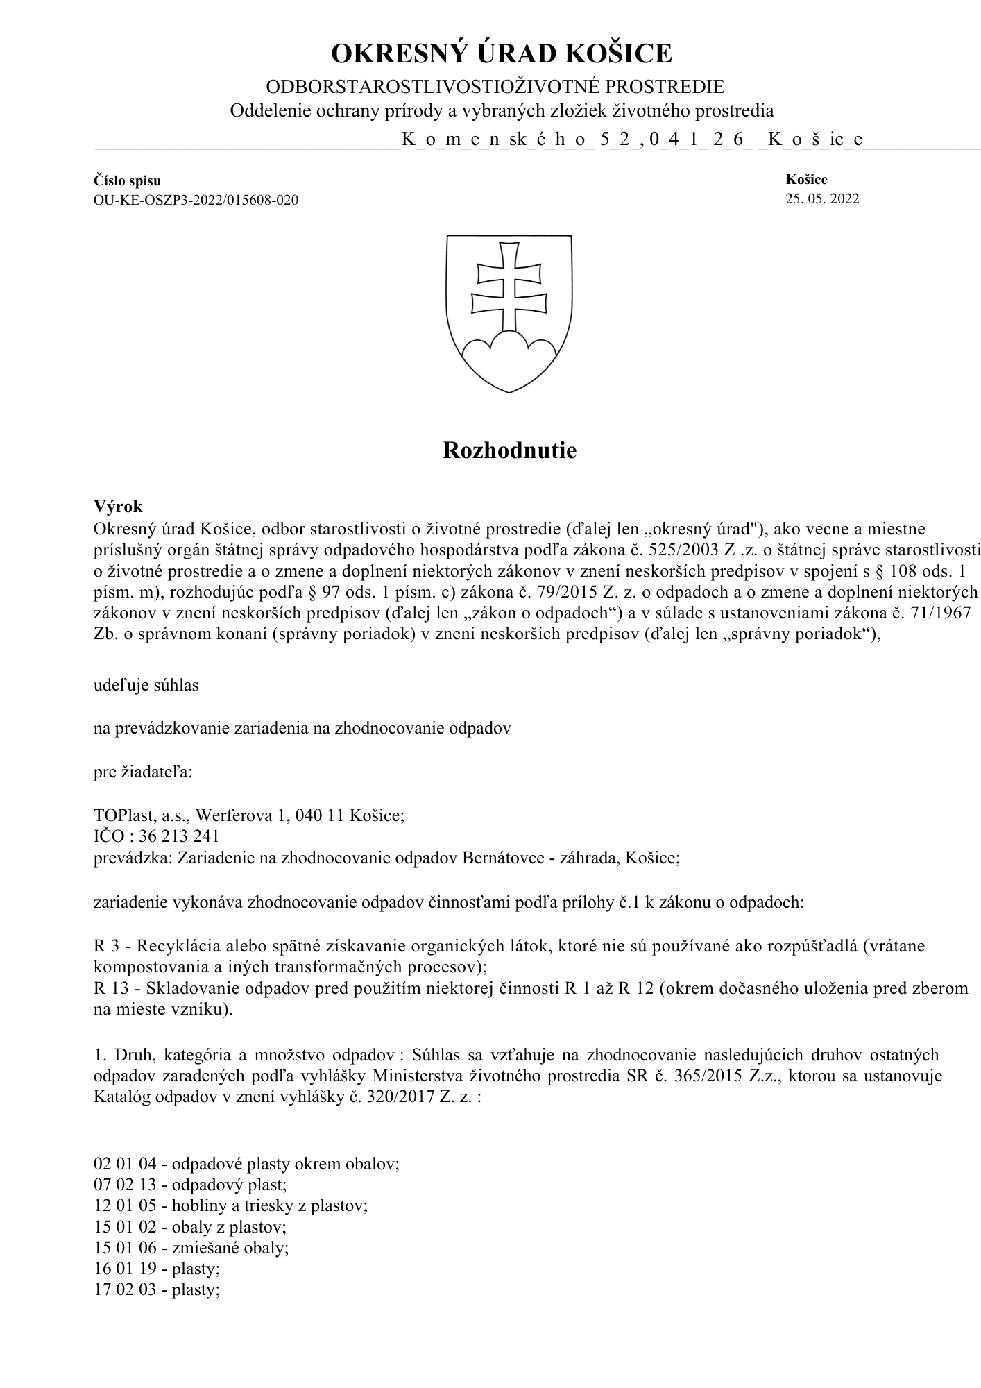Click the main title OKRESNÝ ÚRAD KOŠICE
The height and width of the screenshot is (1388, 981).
tap(501, 54)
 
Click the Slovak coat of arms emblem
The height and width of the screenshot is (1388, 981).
tap(509, 313)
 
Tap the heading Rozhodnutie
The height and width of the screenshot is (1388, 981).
tap(509, 451)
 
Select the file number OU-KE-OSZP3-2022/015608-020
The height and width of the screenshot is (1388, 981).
tap(196, 201)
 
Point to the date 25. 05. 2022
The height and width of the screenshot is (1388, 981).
tap(822, 199)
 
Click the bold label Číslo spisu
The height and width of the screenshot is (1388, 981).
tap(128, 181)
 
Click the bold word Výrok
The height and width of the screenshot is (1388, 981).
tap(118, 507)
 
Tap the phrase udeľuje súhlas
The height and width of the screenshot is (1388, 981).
tap(146, 685)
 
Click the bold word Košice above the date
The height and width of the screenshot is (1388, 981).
tap(806, 180)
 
